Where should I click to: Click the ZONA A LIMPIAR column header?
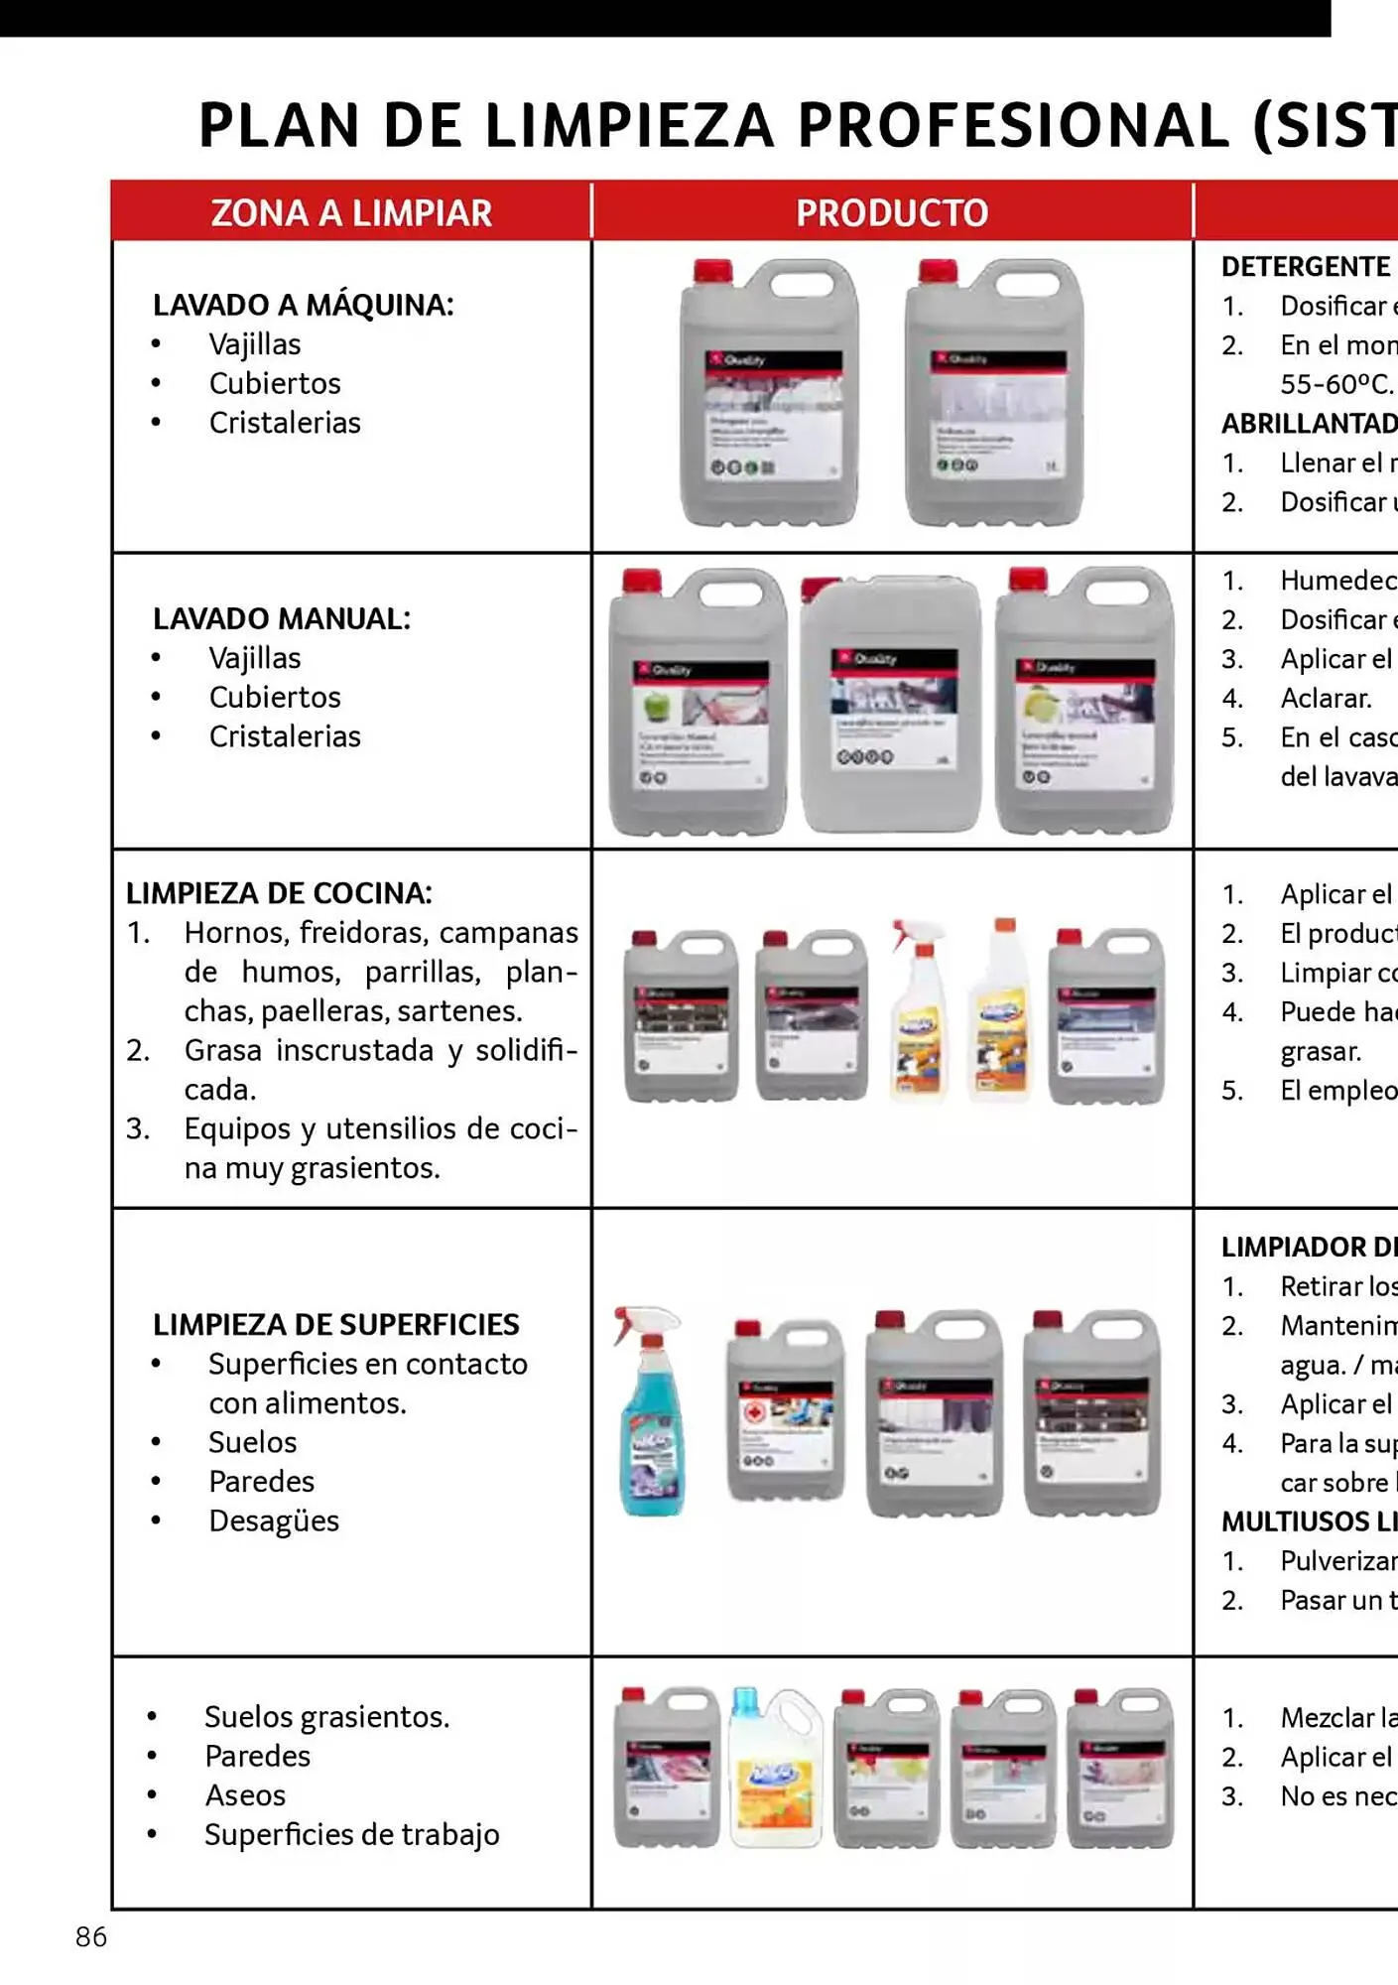click(x=351, y=213)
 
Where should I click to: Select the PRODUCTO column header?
click(x=891, y=213)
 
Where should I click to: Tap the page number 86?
click(x=91, y=1936)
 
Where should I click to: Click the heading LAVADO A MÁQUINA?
click(x=303, y=305)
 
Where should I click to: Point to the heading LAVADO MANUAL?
click(x=281, y=618)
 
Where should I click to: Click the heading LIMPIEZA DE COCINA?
click(x=279, y=893)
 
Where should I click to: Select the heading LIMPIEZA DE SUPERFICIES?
click(x=335, y=1324)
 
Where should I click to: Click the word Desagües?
click(x=273, y=1521)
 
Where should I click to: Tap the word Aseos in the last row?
click(x=245, y=1795)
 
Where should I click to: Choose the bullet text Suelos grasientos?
click(x=326, y=1717)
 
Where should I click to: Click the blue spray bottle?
click(x=650, y=1414)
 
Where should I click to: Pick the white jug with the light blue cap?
click(x=775, y=1769)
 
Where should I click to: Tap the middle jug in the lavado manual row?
click(x=890, y=705)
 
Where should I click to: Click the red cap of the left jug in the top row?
click(x=711, y=271)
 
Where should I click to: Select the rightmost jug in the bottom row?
click(x=1120, y=1769)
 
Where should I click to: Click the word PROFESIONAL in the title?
click(x=1013, y=126)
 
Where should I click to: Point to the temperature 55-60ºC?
click(x=1335, y=384)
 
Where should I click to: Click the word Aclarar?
click(x=1326, y=698)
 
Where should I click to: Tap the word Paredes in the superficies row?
click(x=261, y=1482)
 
